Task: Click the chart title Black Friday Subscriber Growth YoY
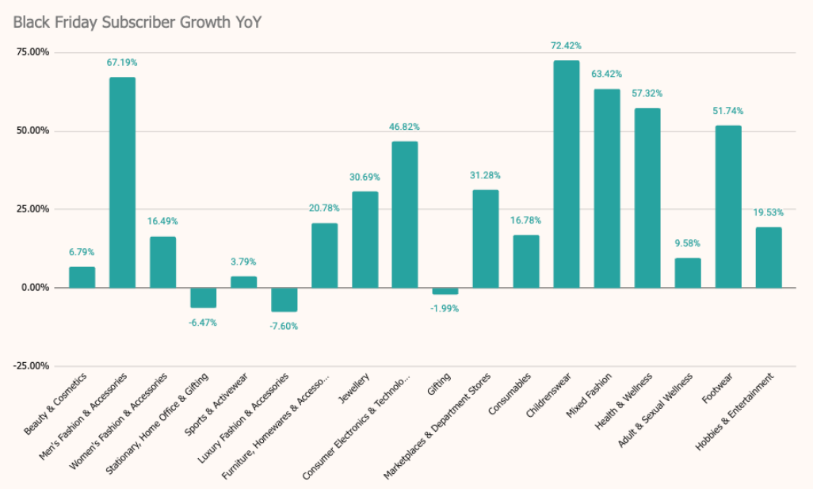coord(137,22)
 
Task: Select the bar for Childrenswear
coord(566,174)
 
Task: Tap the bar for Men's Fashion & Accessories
coord(122,182)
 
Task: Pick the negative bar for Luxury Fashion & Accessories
coord(284,300)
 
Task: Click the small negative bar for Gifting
coord(445,291)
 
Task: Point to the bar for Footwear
coord(728,206)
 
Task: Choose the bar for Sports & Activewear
coord(243,281)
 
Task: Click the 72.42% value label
coord(566,46)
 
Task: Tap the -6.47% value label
coord(203,323)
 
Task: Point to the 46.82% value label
coord(404,127)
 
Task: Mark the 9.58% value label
coord(688,243)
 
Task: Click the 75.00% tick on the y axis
coord(32,52)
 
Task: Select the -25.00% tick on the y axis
coord(31,366)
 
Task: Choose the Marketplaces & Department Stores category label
coord(437,425)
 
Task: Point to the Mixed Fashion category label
coord(590,395)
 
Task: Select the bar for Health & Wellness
coord(647,197)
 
